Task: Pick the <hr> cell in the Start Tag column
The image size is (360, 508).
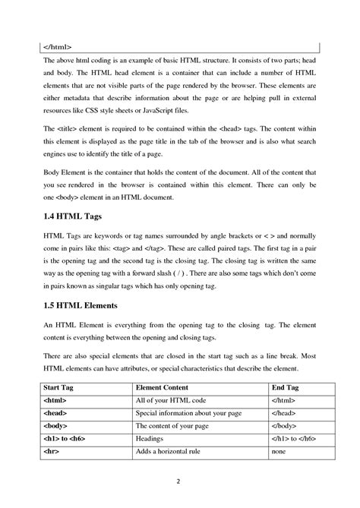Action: click(x=54, y=452)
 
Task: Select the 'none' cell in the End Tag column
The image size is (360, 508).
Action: click(x=279, y=452)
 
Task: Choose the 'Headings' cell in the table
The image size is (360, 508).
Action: click(x=150, y=439)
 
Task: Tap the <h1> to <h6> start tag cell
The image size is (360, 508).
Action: click(x=68, y=439)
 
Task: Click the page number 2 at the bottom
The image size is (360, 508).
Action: click(x=179, y=481)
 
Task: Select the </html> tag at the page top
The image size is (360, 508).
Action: click(x=57, y=46)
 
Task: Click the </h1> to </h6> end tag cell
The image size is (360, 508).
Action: click(x=297, y=439)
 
